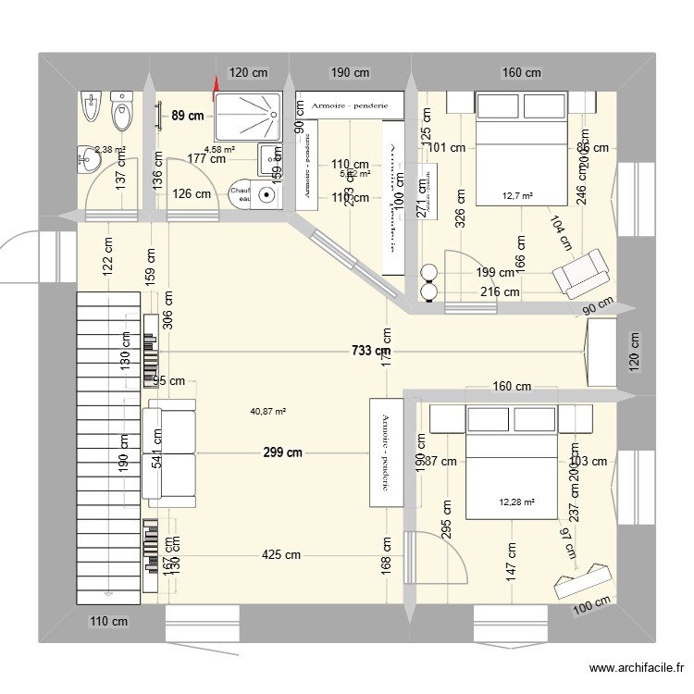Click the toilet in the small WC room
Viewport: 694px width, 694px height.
pyautogui.click(x=121, y=115)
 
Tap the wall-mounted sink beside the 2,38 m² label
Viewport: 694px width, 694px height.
pyautogui.click(x=88, y=158)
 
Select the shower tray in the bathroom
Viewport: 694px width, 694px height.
pyautogui.click(x=249, y=115)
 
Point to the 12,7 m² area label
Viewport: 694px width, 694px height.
pyautogui.click(x=519, y=195)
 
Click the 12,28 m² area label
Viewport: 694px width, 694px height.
pyautogui.click(x=516, y=502)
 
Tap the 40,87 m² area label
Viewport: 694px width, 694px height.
pyautogui.click(x=268, y=413)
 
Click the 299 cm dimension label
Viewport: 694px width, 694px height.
pyautogui.click(x=282, y=453)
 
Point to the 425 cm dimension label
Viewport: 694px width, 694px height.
pyautogui.click(x=281, y=555)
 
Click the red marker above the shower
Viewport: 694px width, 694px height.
pyautogui.click(x=215, y=88)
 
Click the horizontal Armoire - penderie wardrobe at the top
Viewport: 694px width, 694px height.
pyautogui.click(x=350, y=105)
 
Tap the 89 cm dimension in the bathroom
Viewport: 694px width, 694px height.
pyautogui.click(x=188, y=116)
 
